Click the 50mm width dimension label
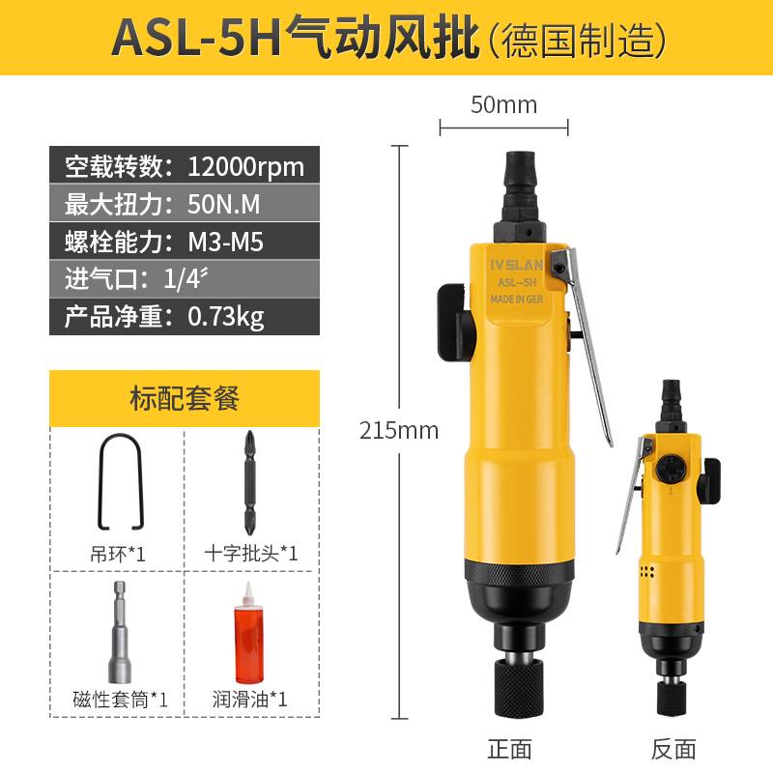click(x=503, y=104)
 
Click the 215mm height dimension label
click(x=399, y=429)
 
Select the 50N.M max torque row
click(x=184, y=204)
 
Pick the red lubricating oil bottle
click(x=250, y=632)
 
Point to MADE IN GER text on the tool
click(x=517, y=301)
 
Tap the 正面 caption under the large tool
click(x=511, y=748)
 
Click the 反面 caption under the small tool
click(x=674, y=748)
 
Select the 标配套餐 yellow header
click(x=184, y=397)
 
